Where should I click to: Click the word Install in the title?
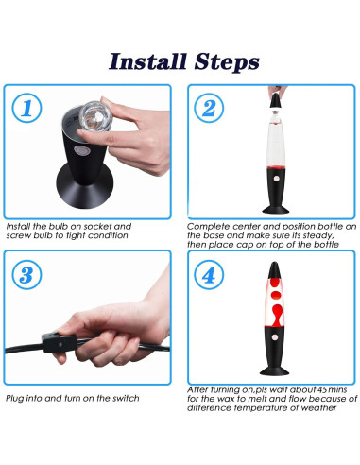pos(147,61)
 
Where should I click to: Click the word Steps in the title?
pos(227,61)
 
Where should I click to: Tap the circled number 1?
pos(26,108)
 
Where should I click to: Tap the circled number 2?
pos(209,108)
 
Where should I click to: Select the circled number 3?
pos(26,275)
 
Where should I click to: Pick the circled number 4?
pos(209,275)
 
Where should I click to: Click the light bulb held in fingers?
pos(94,116)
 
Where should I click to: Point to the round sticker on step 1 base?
pos(82,150)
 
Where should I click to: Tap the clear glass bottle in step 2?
pos(276,141)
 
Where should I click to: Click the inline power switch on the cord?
pos(60,343)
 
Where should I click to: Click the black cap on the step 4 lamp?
pos(274,270)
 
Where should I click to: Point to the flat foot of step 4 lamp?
pos(274,370)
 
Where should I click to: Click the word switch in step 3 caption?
pos(126,398)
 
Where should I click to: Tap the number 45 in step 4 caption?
pos(322,389)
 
